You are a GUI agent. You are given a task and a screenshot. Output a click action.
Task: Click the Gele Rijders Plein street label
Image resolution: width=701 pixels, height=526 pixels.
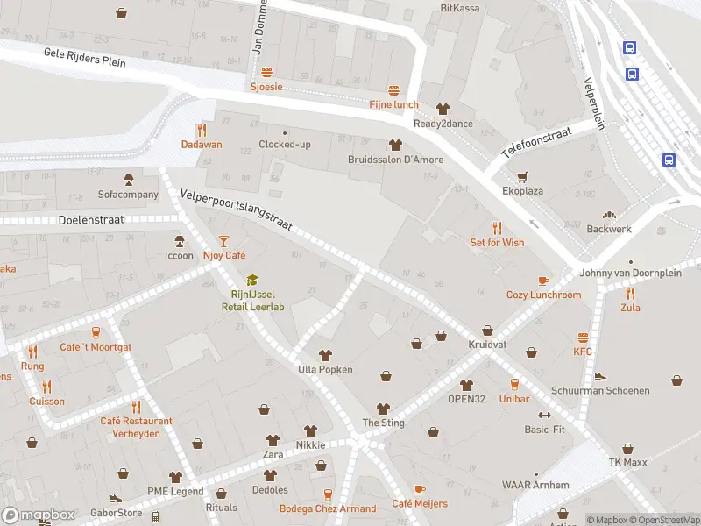[x=85, y=58]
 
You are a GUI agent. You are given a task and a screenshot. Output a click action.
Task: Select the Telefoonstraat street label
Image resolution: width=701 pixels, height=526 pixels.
[x=535, y=141]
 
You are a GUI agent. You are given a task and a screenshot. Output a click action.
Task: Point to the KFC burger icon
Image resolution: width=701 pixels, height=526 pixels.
[x=583, y=338]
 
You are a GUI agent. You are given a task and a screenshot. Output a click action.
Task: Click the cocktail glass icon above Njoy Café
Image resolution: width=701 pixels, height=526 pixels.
[x=223, y=240]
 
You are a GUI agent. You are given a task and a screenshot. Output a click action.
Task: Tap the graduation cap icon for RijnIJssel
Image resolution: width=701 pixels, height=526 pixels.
[x=252, y=280]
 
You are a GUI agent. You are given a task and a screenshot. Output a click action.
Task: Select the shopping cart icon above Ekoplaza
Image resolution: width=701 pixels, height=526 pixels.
[x=522, y=175]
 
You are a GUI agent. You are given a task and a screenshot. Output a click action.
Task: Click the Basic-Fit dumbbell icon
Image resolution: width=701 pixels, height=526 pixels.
[x=544, y=415]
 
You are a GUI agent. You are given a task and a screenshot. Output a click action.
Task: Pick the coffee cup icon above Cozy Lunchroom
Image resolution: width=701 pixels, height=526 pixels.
[x=543, y=281]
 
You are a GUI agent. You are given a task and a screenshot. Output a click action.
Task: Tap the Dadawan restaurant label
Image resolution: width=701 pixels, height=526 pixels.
[x=202, y=144]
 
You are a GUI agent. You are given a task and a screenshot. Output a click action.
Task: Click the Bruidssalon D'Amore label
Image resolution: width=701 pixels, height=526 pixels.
[x=395, y=160]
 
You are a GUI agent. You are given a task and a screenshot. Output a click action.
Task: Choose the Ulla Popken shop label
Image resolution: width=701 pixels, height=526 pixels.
[x=326, y=369]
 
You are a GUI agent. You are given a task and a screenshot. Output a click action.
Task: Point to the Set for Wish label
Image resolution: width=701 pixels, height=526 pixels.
[x=497, y=242]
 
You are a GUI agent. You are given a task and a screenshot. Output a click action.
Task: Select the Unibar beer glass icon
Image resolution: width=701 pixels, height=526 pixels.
[x=515, y=384]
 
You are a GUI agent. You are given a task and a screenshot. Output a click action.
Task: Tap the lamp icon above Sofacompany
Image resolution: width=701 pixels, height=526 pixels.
[x=128, y=180]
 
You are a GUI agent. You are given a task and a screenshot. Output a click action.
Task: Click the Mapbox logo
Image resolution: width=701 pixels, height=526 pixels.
[x=39, y=515]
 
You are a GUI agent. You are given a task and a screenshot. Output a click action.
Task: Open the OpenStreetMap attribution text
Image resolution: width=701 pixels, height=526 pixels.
[x=664, y=520]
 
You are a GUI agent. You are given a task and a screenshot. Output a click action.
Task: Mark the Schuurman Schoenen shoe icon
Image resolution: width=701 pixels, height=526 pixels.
[x=600, y=376]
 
